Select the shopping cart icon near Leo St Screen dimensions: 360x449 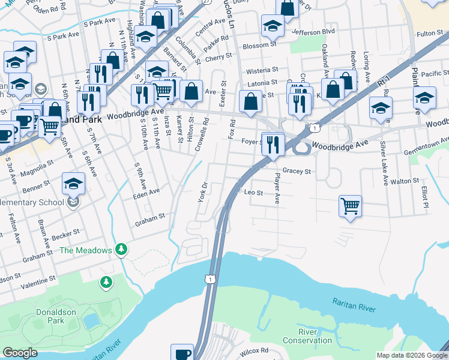[x=349, y=207]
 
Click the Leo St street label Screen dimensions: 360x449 [x=253, y=193]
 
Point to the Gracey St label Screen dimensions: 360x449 [x=297, y=172]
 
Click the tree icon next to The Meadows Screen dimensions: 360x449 [x=121, y=248]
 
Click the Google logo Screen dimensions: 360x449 [x=20, y=353]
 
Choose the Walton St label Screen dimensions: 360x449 [x=404, y=181]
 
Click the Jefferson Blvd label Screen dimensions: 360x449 [x=312, y=31]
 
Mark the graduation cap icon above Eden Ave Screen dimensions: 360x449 [x=73, y=184]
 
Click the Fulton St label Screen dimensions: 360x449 [x=430, y=34]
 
